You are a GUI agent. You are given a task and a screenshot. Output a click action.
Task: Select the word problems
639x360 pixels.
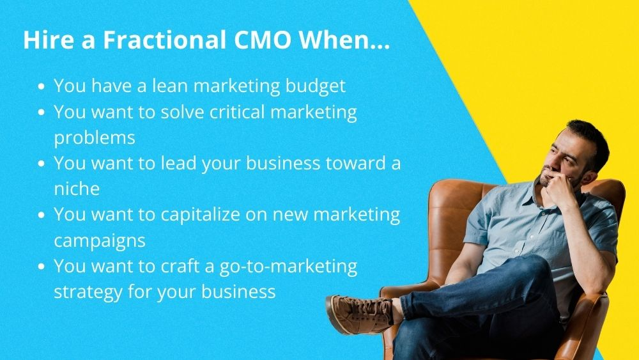[x=94, y=137]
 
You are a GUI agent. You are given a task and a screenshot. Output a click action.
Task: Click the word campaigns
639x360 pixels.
[x=99, y=240]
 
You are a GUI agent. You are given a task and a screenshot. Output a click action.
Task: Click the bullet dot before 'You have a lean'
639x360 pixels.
[x=42, y=86]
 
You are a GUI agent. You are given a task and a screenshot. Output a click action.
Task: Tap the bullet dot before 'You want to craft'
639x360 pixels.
[x=42, y=267]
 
